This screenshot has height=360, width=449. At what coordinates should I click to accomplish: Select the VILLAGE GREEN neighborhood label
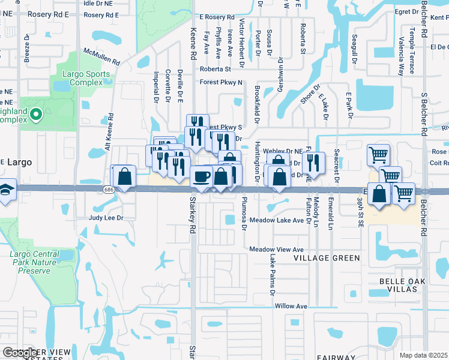(327, 258)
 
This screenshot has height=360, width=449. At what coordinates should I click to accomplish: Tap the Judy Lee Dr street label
(106, 218)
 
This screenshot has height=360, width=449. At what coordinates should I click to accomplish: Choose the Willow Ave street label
(291, 306)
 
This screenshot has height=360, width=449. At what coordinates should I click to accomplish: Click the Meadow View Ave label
(277, 250)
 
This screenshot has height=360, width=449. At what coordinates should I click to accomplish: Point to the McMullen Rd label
(102, 58)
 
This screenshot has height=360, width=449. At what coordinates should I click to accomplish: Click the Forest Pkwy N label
(221, 83)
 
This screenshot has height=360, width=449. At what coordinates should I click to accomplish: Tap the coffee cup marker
(201, 176)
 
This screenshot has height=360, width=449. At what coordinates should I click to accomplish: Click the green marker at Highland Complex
(35, 113)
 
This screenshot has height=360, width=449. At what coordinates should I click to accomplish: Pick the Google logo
(20, 353)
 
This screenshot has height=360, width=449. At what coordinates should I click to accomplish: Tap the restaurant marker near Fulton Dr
(313, 162)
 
